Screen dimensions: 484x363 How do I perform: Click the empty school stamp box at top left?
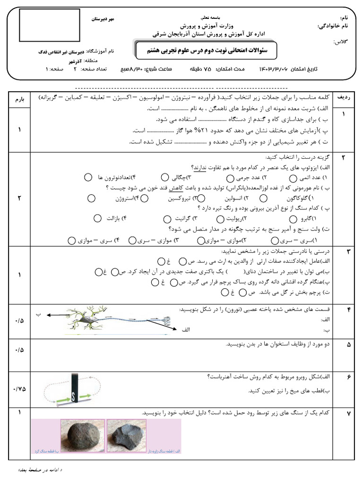tap(49, 25)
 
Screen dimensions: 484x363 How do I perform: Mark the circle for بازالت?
tap(97, 218)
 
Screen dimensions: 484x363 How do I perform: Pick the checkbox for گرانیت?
tap(167, 219)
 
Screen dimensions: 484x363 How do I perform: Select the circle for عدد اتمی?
tap(293, 178)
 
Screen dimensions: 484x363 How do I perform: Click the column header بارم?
tap(19, 98)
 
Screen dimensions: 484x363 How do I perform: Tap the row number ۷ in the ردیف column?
tap(348, 414)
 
